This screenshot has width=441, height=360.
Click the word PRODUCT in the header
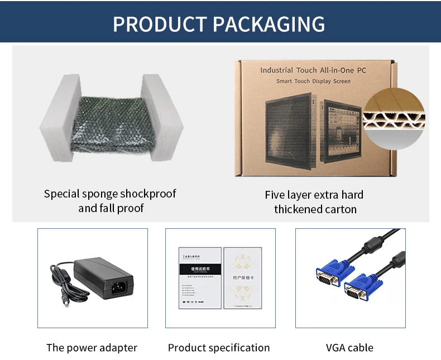(159, 25)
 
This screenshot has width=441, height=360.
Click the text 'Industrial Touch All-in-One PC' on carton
(313, 70)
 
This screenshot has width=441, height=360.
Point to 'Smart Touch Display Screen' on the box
(313, 81)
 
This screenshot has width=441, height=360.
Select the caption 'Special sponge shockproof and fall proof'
(110, 201)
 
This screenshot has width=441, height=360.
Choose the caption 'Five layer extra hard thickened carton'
(315, 202)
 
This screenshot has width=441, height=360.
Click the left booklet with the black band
(199, 277)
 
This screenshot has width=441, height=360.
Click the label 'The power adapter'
(92, 348)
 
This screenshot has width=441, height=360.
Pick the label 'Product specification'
(219, 348)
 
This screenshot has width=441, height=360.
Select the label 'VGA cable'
(349, 348)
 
